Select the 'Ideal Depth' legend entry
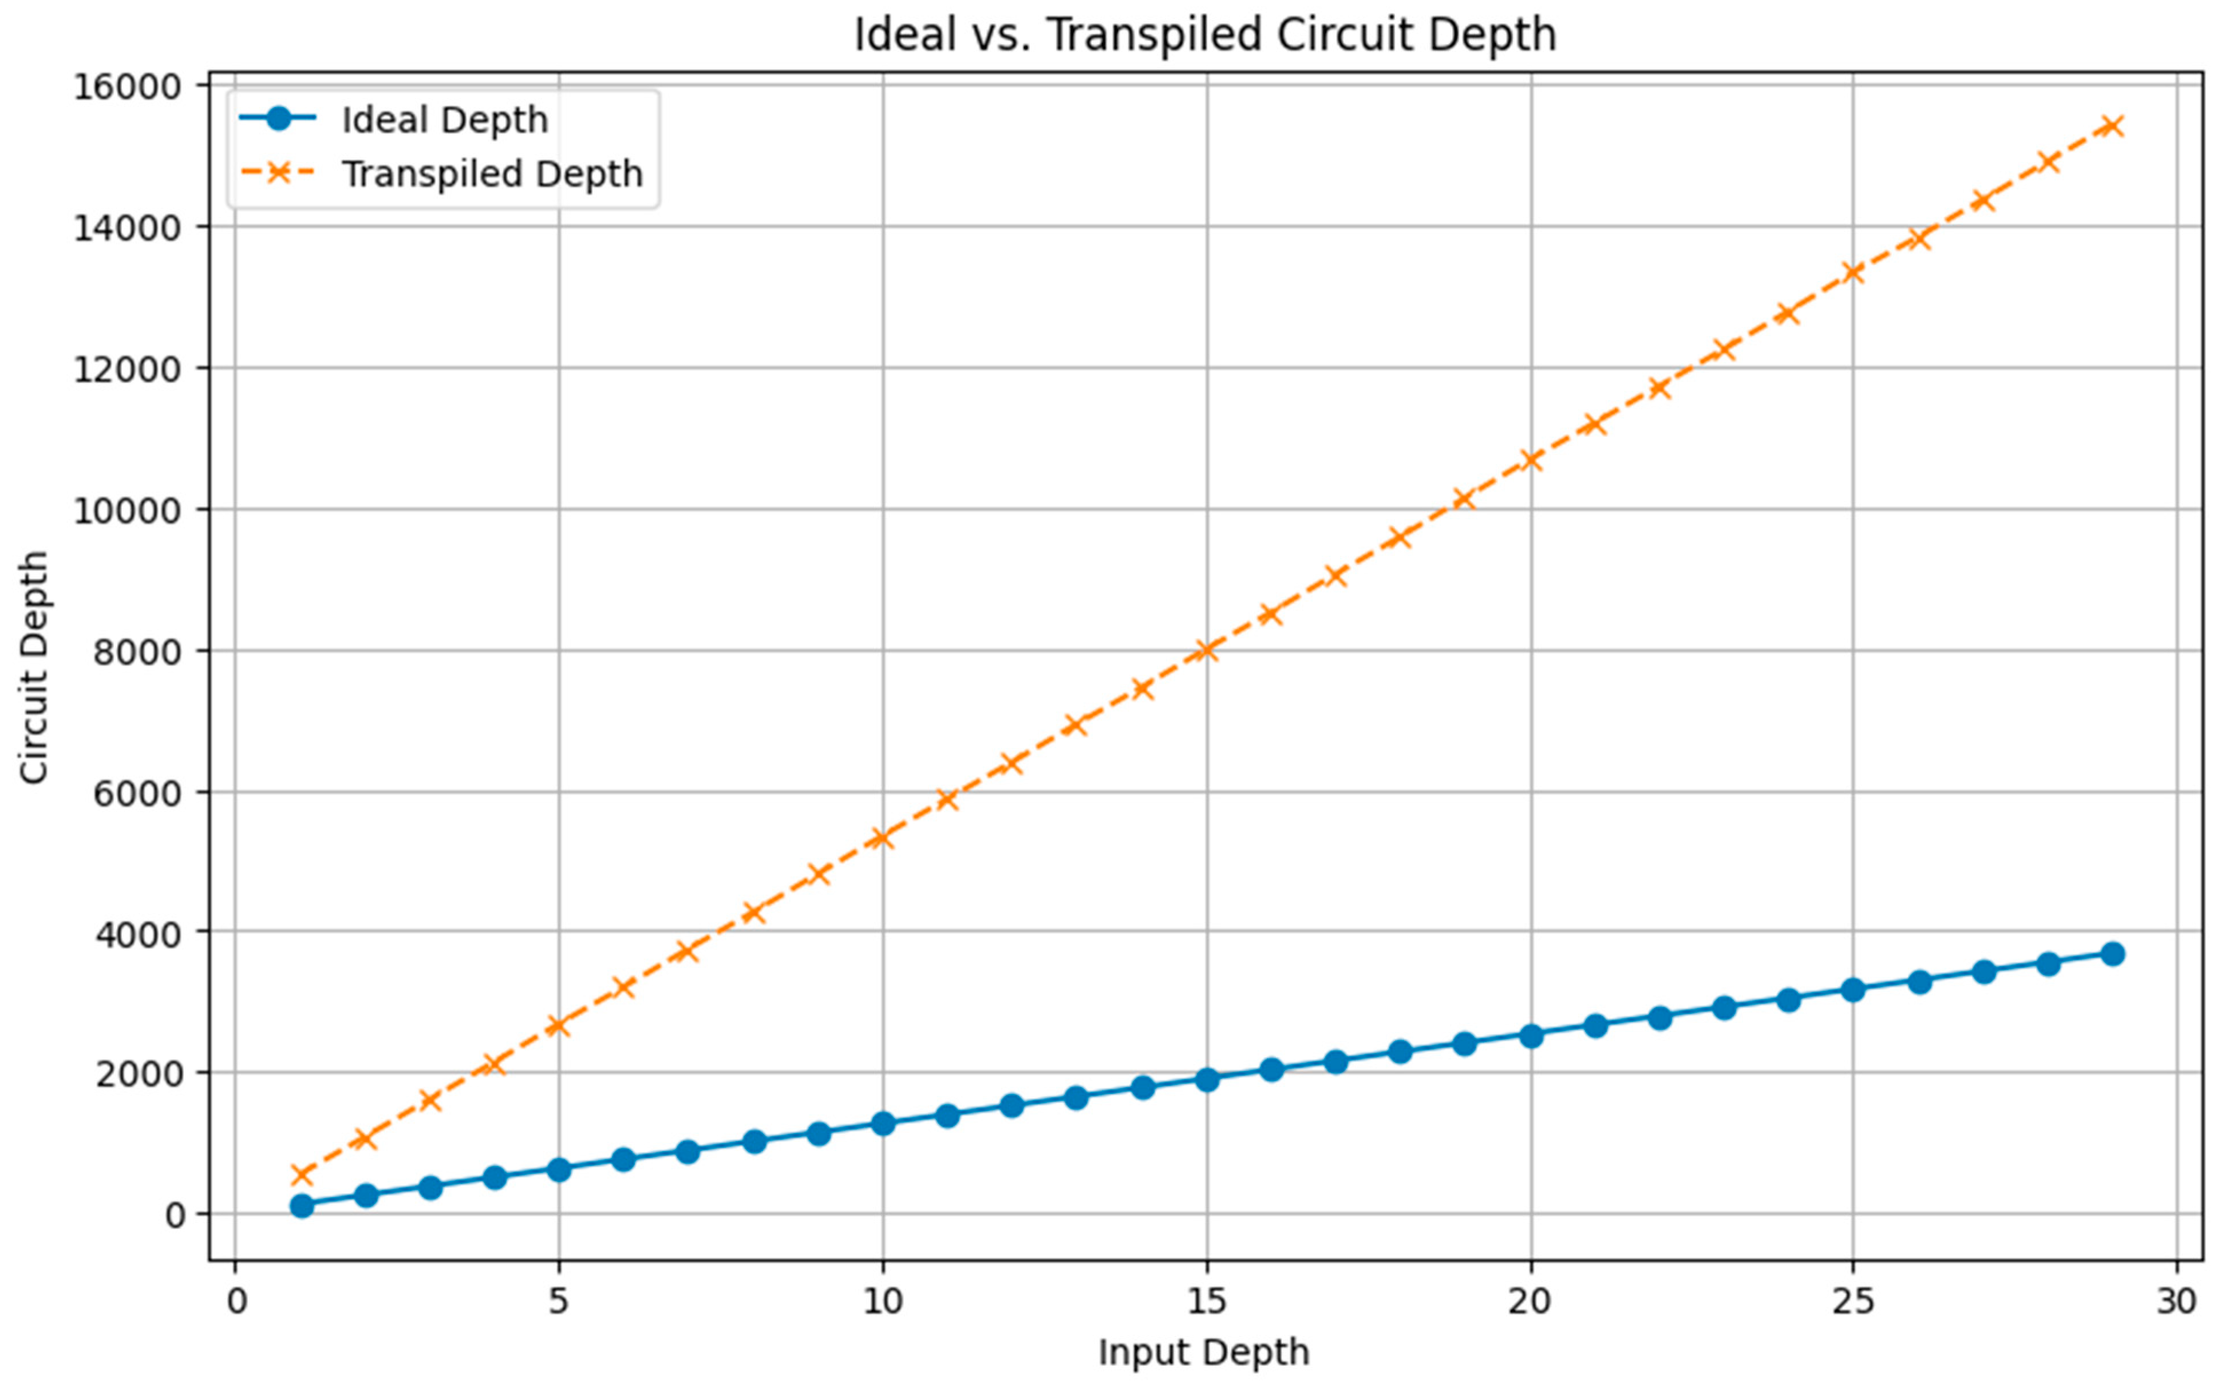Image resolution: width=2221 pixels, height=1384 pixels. click(x=444, y=120)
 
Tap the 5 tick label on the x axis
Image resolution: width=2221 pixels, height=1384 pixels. click(x=559, y=1300)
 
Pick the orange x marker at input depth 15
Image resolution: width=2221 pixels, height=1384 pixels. click(x=1207, y=650)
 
